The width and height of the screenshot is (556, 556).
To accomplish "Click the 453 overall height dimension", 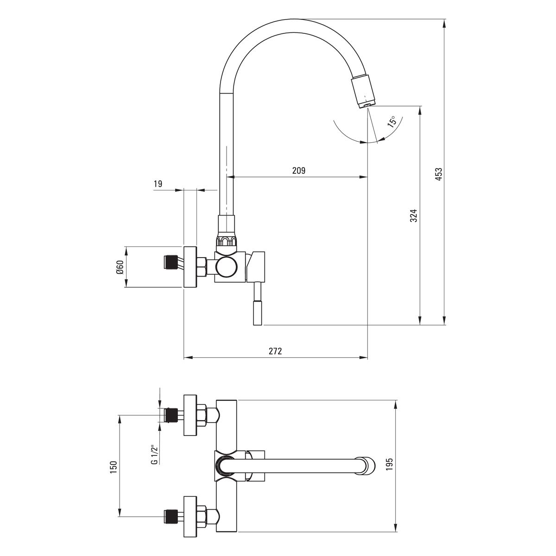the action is pyautogui.click(x=438, y=174).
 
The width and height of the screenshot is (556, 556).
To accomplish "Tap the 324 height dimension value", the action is pyautogui.click(x=413, y=215).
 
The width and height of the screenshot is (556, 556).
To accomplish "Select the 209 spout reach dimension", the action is pyautogui.click(x=299, y=171).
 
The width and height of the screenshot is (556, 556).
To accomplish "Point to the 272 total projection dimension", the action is pyautogui.click(x=275, y=351).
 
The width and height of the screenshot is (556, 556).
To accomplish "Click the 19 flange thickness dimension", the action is pyautogui.click(x=158, y=184).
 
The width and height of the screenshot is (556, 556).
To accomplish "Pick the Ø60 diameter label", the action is pyautogui.click(x=120, y=267).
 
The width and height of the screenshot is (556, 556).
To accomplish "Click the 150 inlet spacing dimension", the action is pyautogui.click(x=114, y=467).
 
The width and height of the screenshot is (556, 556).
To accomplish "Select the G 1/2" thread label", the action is pyautogui.click(x=155, y=455).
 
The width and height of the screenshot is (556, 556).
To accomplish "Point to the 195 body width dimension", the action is pyautogui.click(x=389, y=464).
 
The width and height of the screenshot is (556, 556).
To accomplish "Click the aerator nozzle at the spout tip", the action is pyautogui.click(x=364, y=91).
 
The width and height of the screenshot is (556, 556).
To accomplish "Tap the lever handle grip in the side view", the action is pyautogui.click(x=257, y=313).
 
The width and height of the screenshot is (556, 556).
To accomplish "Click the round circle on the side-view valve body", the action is pyautogui.click(x=227, y=266).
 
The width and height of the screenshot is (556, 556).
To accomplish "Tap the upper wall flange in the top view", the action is pyautogui.click(x=190, y=415).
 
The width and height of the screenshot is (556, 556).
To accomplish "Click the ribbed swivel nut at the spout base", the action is pyautogui.click(x=227, y=240).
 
